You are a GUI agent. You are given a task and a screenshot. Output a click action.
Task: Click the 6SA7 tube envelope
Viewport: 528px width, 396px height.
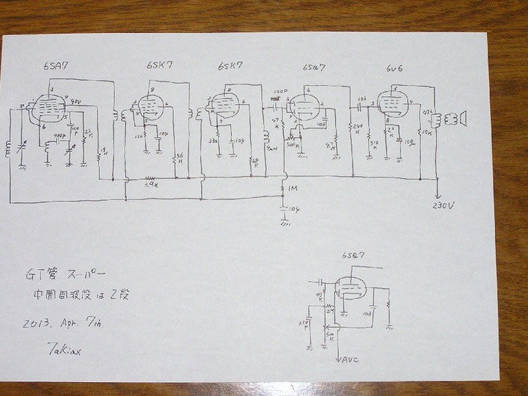point(50,109)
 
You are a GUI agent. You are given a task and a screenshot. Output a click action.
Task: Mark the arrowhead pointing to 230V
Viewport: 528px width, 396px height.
point(439,197)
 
